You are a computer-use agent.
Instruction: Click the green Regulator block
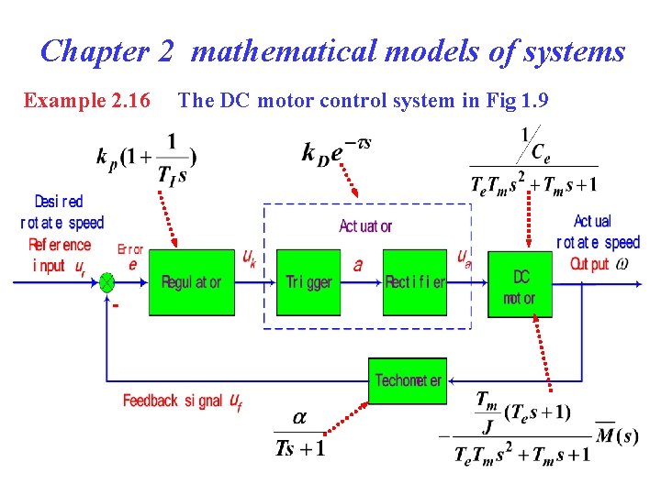coord(191,282)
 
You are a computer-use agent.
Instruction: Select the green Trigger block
coord(308,282)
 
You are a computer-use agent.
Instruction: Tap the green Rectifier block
coord(415,282)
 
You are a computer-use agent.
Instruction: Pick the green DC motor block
coord(521,285)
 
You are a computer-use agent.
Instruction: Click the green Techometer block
coord(408,380)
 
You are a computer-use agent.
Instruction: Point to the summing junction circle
coord(107,282)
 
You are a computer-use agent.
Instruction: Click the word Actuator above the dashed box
coord(365,226)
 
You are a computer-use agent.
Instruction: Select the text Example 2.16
coord(87,100)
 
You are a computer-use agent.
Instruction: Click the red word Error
coord(131,248)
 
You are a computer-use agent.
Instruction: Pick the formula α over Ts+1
coord(299,434)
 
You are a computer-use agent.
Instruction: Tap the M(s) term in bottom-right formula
coord(617,434)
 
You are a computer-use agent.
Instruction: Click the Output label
coord(589,264)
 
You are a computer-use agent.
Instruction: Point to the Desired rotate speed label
coord(62,212)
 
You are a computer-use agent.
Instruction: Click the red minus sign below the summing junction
coord(115,305)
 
